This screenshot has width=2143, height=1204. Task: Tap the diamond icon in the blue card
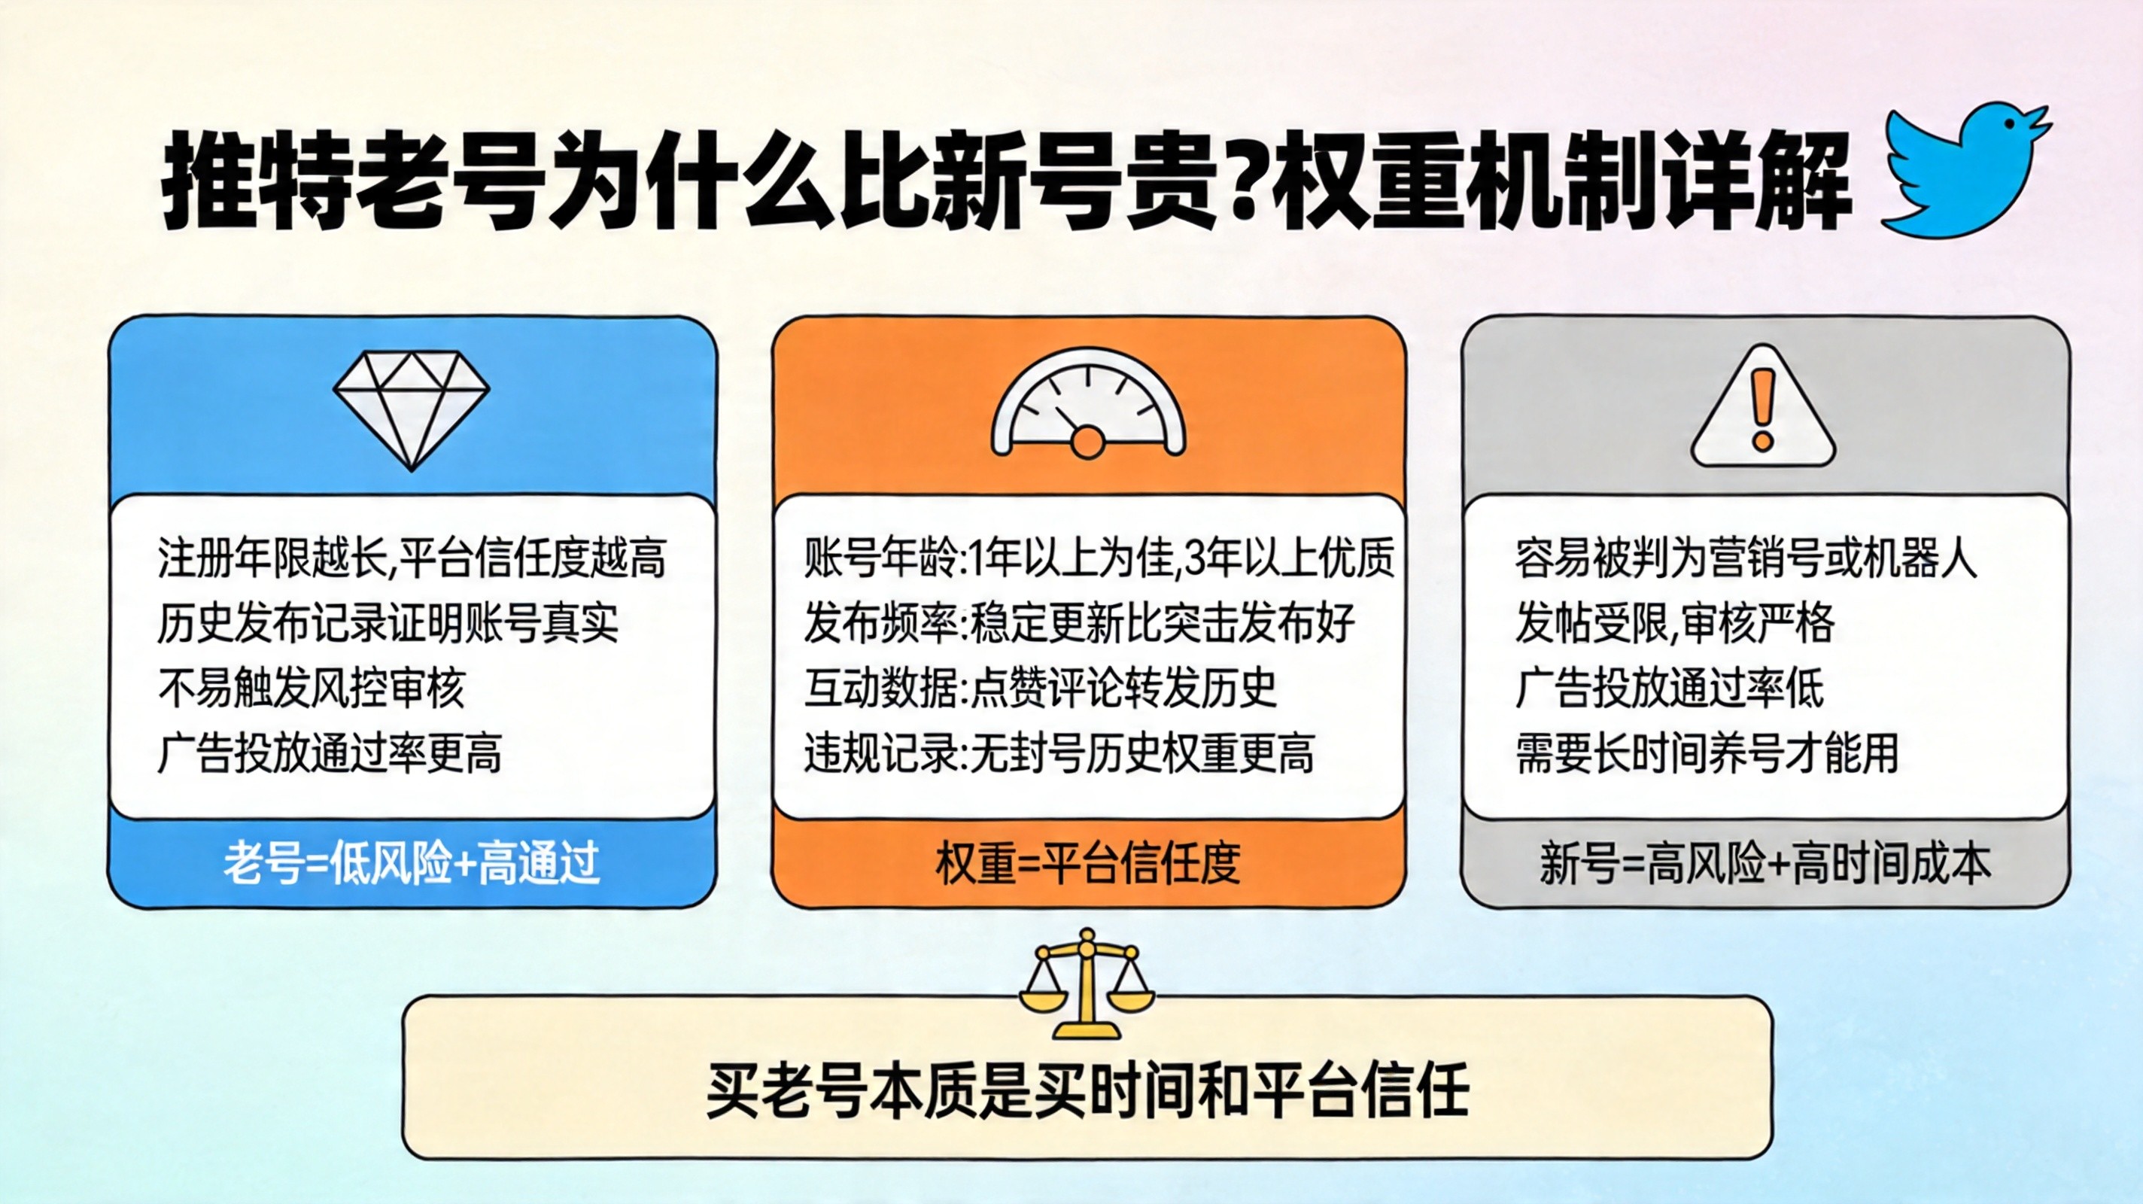(x=412, y=410)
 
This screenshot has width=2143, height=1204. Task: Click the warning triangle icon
(x=1763, y=408)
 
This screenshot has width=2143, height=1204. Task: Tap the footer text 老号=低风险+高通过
(x=412, y=863)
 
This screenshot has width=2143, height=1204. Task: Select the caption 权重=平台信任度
(x=1088, y=863)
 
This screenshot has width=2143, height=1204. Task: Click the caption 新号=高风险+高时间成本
(x=1765, y=863)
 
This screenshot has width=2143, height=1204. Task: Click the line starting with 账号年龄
(x=1099, y=558)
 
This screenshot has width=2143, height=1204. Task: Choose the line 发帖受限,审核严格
(x=1675, y=623)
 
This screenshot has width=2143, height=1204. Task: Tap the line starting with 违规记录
(x=1059, y=754)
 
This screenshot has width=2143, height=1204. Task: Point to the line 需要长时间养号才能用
(x=1707, y=754)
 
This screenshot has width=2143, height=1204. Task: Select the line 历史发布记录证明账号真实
(x=388, y=623)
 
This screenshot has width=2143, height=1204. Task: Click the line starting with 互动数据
(x=1040, y=688)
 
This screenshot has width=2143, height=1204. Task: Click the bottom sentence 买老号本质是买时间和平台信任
(x=1087, y=1090)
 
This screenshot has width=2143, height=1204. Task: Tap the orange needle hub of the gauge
(x=1087, y=442)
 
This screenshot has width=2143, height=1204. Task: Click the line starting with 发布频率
(x=1080, y=623)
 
